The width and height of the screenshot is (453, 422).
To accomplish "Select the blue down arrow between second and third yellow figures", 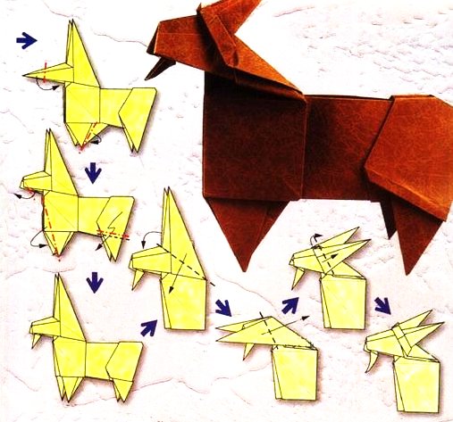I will (94, 283).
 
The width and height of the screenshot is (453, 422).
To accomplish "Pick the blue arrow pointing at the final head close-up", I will (382, 305).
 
